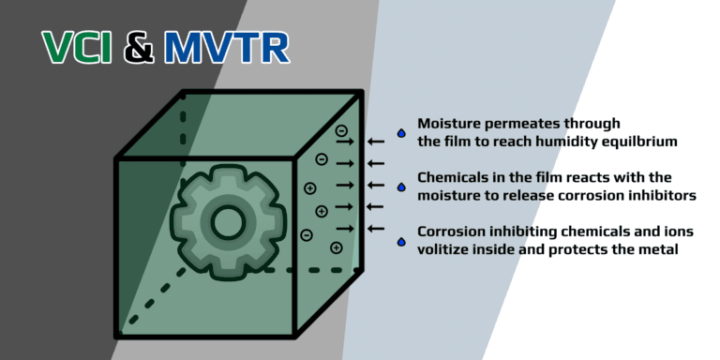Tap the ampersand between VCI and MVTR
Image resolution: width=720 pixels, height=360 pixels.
pos(140,49)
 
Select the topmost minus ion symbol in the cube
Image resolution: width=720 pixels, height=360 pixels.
pos(341,130)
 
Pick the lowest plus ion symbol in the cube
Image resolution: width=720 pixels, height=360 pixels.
pos(336,247)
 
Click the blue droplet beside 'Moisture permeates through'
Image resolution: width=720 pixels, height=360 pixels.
pos(401,133)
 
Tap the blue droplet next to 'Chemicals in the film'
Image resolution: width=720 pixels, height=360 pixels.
pos(401,187)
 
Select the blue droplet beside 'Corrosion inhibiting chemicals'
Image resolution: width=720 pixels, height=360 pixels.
pos(401,241)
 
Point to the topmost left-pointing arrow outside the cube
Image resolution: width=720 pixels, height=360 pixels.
pos(376,142)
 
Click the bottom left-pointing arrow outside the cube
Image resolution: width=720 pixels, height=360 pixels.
pos(376,228)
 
